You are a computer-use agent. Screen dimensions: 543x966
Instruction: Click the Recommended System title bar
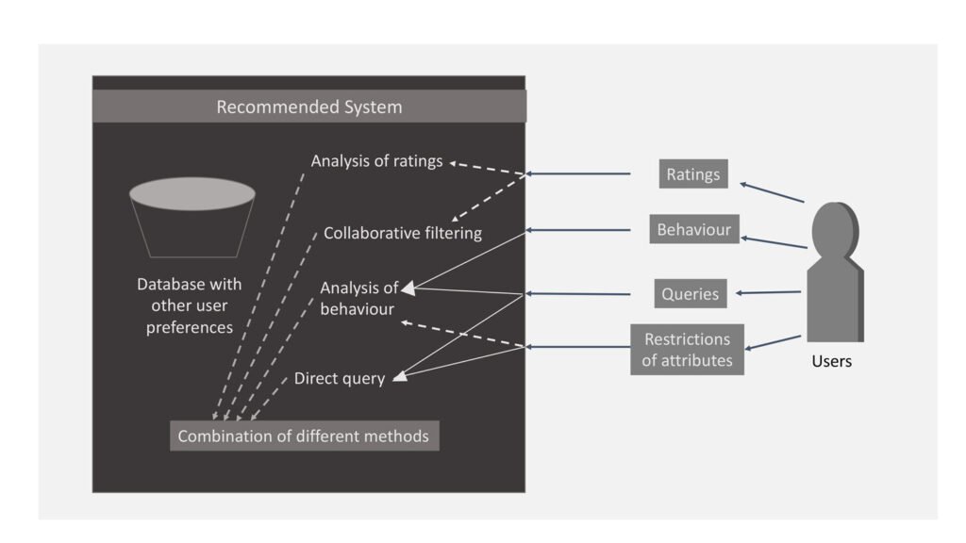pyautogui.click(x=308, y=107)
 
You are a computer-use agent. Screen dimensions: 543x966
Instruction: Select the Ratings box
pyautogui.click(x=692, y=173)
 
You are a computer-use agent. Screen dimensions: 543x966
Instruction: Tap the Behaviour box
pyautogui.click(x=693, y=229)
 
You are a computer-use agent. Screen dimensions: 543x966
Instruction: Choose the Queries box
pyautogui.click(x=690, y=293)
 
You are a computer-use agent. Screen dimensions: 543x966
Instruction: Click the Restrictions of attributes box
pyautogui.click(x=687, y=349)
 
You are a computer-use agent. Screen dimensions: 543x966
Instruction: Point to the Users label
pyautogui.click(x=831, y=361)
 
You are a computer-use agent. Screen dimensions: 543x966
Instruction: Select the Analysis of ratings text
pyautogui.click(x=376, y=161)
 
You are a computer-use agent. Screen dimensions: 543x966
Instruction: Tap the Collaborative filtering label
pyautogui.click(x=403, y=233)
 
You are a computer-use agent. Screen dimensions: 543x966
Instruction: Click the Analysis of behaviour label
pyautogui.click(x=358, y=298)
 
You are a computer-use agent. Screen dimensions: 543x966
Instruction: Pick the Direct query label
pyautogui.click(x=340, y=379)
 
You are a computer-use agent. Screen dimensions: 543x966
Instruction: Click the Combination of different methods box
pyautogui.click(x=304, y=436)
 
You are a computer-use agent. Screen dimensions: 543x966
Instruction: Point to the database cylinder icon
pyautogui.click(x=192, y=216)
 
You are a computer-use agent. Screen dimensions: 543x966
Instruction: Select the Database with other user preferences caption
pyautogui.click(x=190, y=305)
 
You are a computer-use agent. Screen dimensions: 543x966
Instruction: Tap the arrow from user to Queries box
pyautogui.click(x=769, y=292)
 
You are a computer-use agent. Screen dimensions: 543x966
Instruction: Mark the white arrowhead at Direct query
pyautogui.click(x=400, y=378)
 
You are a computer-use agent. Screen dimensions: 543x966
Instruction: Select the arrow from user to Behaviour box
pyautogui.click(x=774, y=242)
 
